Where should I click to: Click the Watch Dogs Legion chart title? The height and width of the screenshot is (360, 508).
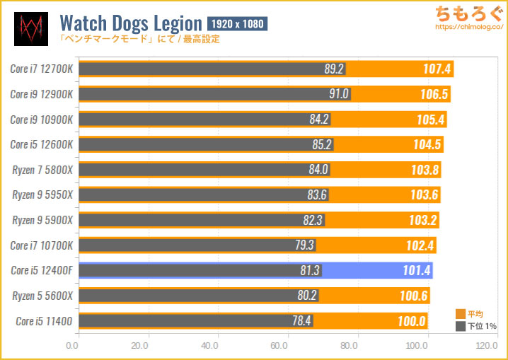coord(133,22)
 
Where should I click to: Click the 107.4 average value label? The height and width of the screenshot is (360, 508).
coord(433,69)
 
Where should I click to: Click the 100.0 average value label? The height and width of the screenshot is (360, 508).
coord(411,322)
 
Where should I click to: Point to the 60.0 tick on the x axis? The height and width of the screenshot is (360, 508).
coord(279,347)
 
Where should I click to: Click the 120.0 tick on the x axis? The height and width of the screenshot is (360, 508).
coord(486,347)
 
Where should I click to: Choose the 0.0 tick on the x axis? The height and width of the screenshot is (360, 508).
coord(72,347)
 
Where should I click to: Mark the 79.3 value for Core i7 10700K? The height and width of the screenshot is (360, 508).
coord(304,246)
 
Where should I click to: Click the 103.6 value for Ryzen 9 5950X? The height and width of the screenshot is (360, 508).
coord(424,195)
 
